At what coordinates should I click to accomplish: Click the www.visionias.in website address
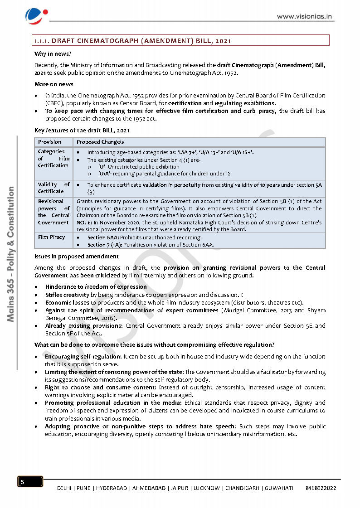[x=305, y=16]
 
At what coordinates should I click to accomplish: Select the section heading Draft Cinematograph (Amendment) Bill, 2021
[x=133, y=41]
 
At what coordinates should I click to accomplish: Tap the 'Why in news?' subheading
[x=49, y=53]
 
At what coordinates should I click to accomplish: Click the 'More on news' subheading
[x=54, y=84]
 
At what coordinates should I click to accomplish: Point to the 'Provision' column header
[x=49, y=142]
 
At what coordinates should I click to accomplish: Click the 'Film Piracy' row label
[x=51, y=237]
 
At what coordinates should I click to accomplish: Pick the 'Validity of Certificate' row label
[x=54, y=188]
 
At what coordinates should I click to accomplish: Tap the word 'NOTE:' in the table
[x=85, y=223]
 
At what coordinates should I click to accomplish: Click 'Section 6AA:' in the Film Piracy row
[x=103, y=238]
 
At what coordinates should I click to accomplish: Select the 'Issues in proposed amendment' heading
[x=77, y=256]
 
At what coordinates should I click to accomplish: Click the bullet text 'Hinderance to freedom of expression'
[x=96, y=286]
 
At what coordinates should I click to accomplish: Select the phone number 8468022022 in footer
[x=321, y=488]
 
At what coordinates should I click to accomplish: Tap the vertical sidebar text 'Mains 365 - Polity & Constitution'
[x=11, y=254]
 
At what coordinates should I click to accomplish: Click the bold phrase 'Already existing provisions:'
[x=84, y=325]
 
